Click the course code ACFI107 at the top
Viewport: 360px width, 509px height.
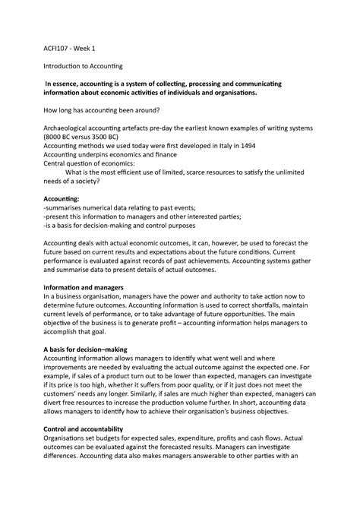60,47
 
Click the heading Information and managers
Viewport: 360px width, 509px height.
92,288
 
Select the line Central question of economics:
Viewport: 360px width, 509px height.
90,162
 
